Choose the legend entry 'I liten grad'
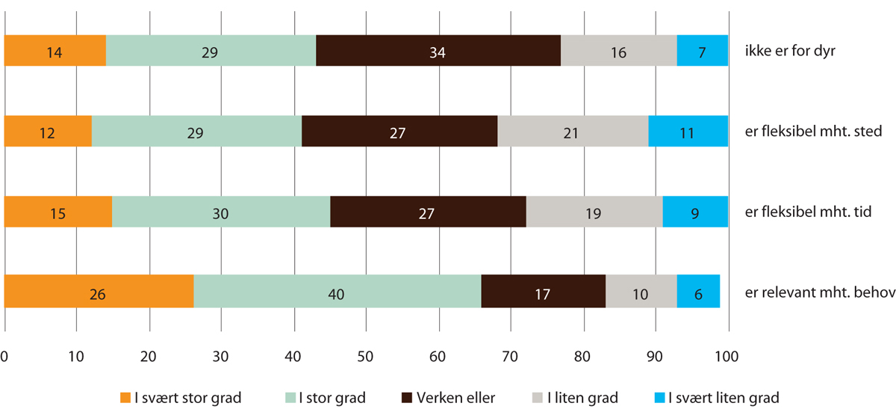pos(576,397)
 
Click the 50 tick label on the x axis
pos(366,357)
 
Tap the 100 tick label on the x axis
pos(727,357)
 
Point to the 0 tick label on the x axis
pos(5,357)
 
